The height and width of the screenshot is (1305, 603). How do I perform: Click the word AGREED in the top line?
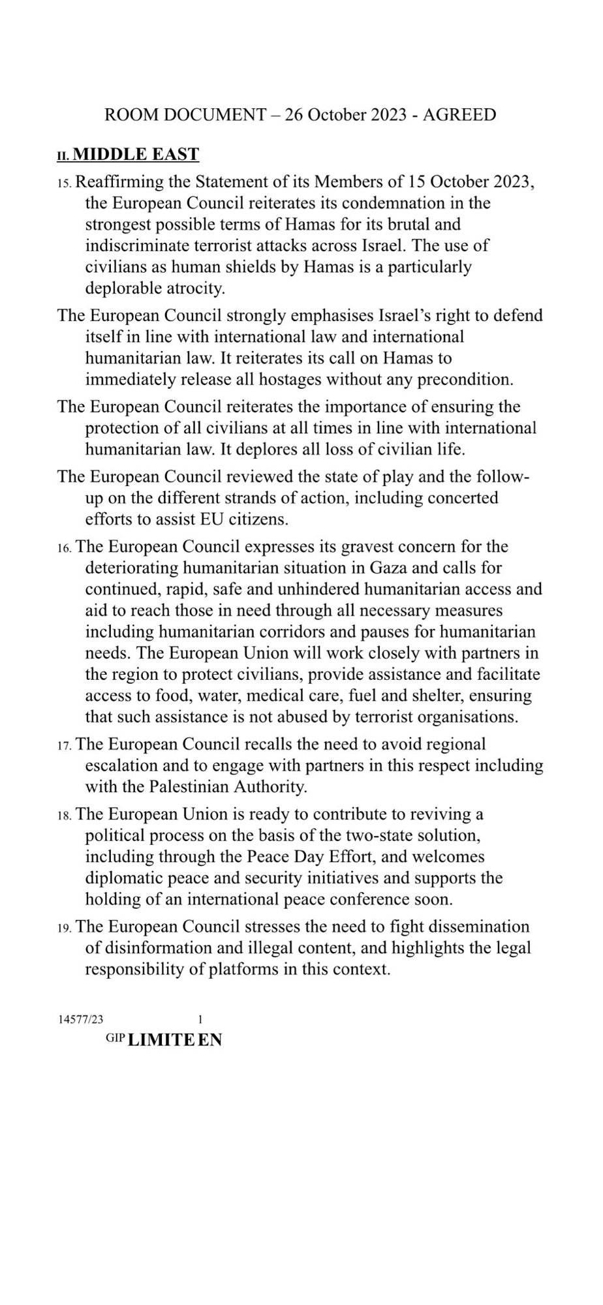459,115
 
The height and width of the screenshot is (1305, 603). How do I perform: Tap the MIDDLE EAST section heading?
136,155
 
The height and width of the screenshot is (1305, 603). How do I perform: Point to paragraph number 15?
65,183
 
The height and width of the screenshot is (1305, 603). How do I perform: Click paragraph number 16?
65,547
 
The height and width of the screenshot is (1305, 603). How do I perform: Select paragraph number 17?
65,745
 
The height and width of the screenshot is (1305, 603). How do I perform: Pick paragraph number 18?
65,815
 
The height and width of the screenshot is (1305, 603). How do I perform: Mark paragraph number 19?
65,927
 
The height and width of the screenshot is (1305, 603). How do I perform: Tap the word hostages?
290,379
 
